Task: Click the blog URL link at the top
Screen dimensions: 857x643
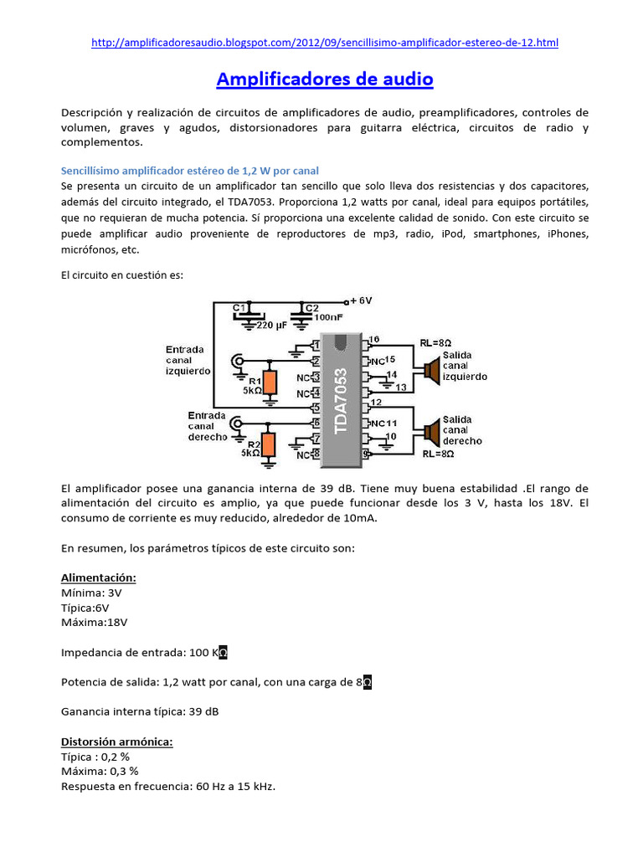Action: [x=324, y=43]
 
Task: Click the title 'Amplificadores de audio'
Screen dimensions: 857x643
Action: [x=325, y=80]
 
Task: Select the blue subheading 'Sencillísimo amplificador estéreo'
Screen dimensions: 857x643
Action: [x=190, y=171]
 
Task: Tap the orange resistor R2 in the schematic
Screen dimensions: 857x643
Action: [x=268, y=444]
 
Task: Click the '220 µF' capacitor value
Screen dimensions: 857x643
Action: [x=273, y=325]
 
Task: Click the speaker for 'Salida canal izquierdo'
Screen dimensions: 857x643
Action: [x=430, y=369]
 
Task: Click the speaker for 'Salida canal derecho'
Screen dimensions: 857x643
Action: [x=430, y=433]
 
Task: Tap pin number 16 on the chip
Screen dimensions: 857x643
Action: [x=373, y=339]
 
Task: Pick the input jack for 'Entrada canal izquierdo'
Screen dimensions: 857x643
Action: [x=239, y=362]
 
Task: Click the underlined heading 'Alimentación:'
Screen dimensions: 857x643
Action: [x=99, y=577]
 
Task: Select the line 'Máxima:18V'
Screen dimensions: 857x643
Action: [x=95, y=622]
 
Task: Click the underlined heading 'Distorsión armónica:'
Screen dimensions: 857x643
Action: [x=116, y=742]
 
